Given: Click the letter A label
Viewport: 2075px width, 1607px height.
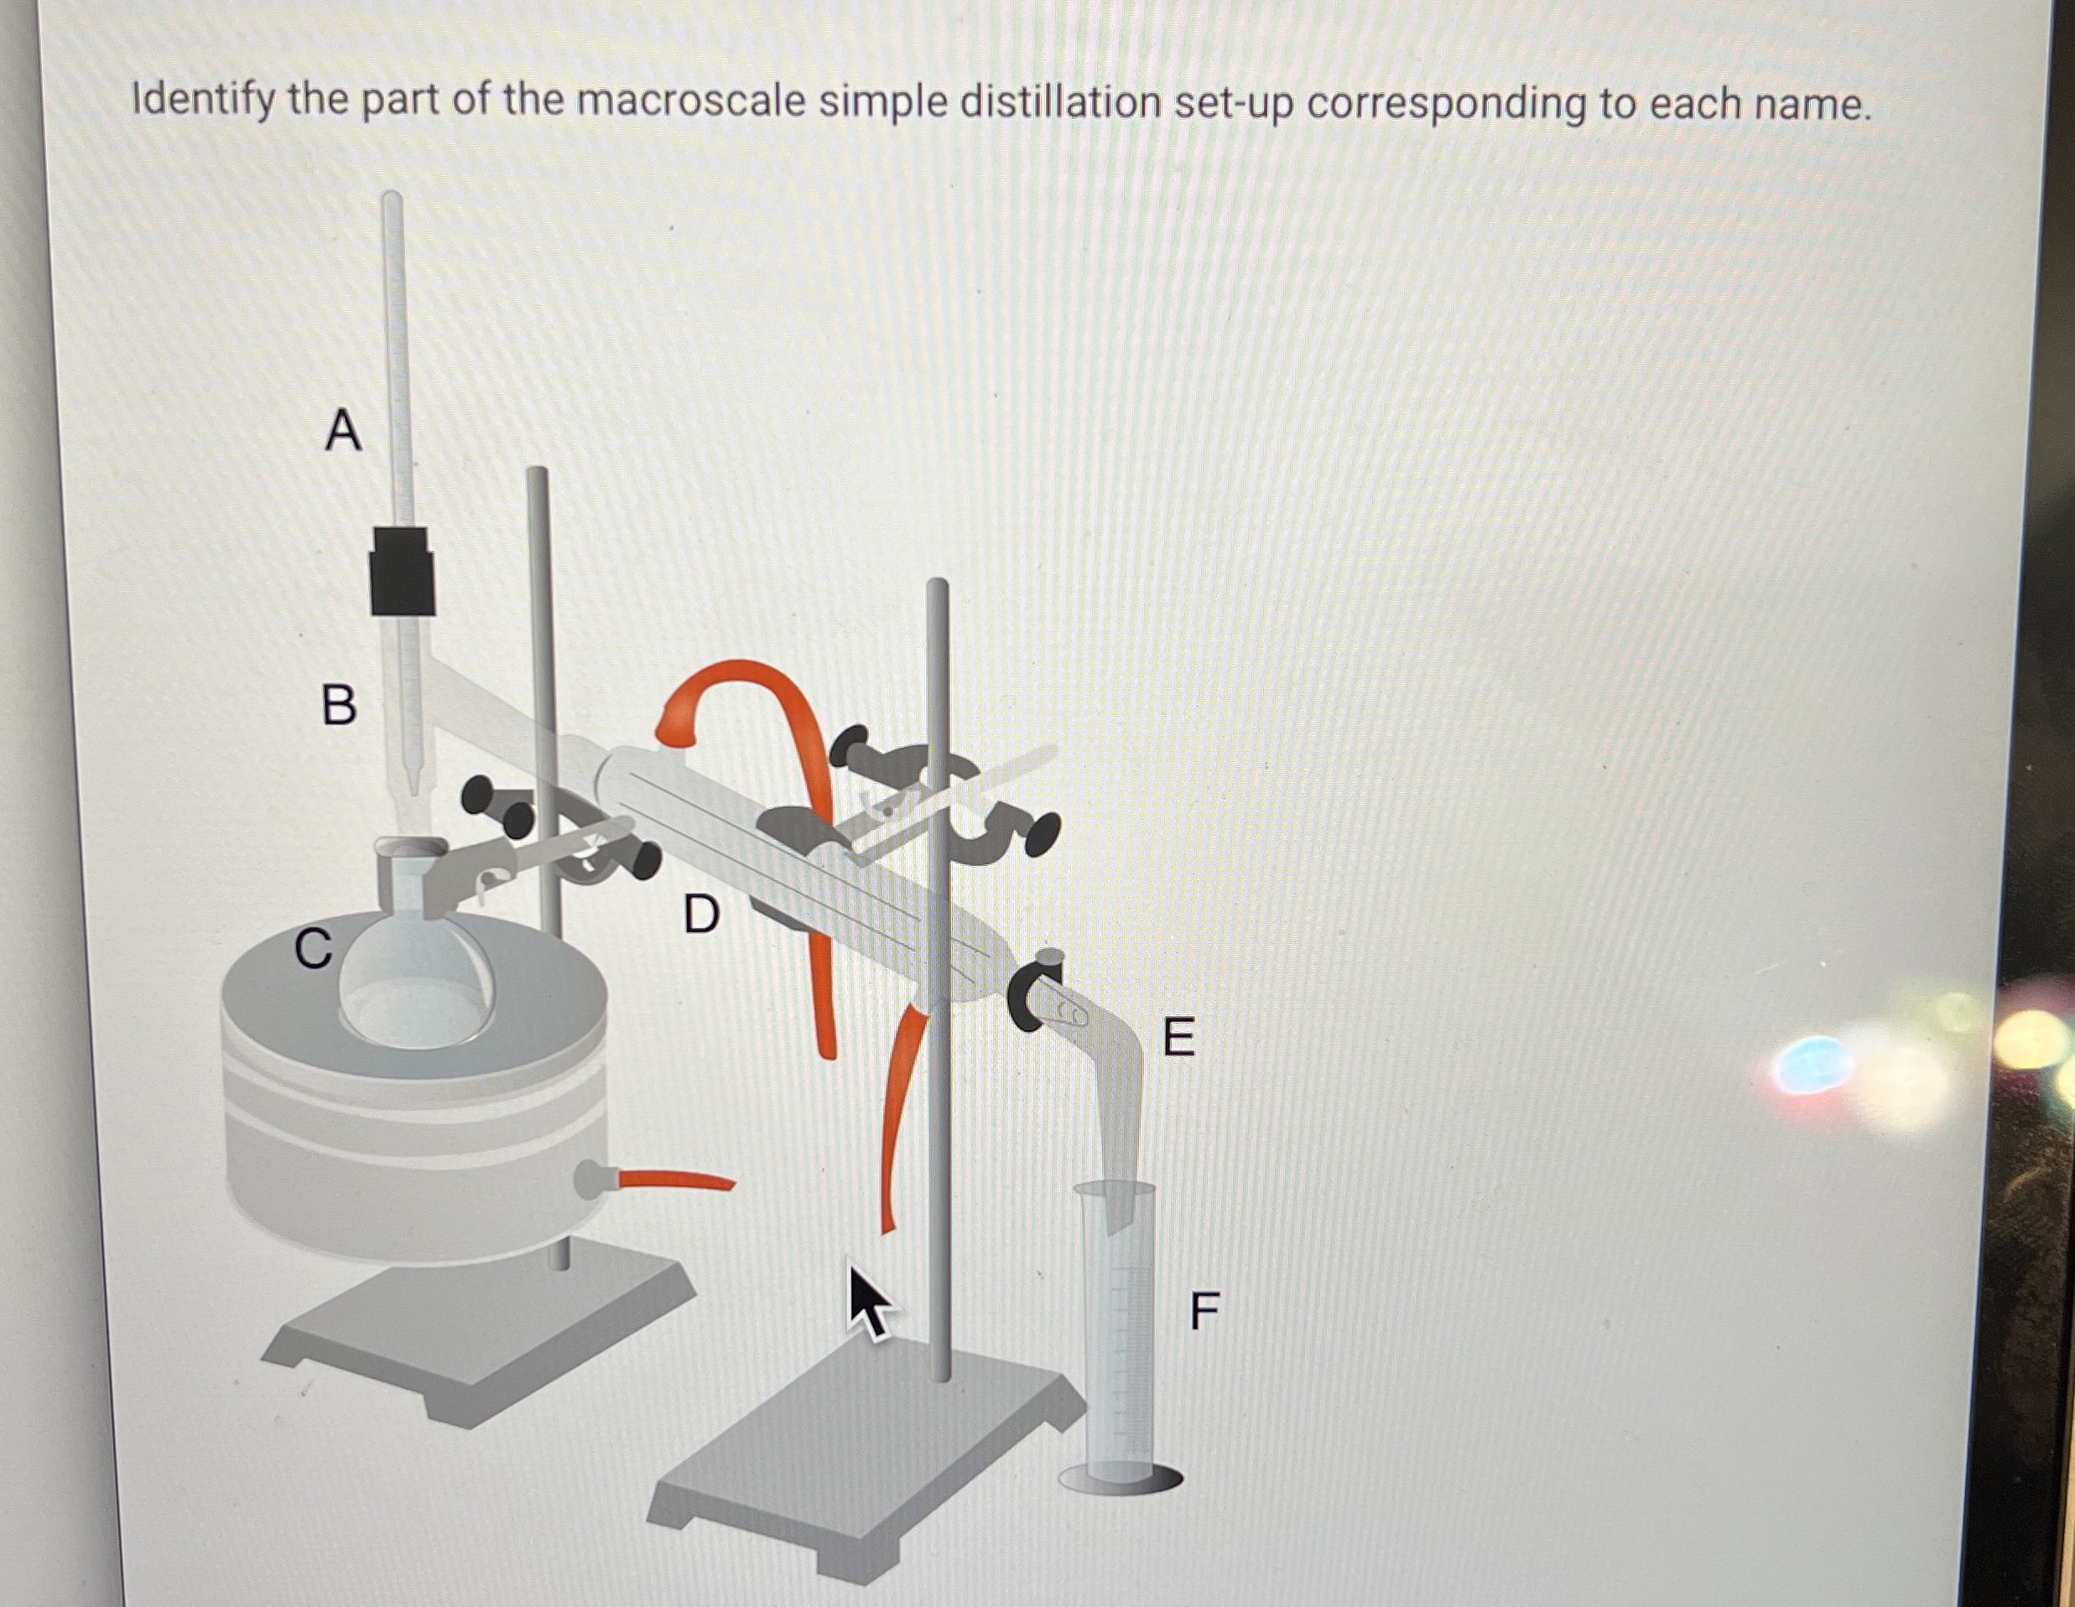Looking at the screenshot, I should coord(343,430).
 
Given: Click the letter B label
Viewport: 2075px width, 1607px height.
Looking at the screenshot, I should coord(339,706).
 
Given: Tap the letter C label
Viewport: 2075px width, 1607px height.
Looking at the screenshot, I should coord(314,949).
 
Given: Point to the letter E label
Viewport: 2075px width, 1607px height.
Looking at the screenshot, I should coord(1179,1037).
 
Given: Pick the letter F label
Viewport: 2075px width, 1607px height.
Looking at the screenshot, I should coord(1204,1312).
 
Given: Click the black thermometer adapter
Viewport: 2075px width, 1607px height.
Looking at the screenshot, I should coord(403,571).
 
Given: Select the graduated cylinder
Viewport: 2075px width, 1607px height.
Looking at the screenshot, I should coord(1118,1349).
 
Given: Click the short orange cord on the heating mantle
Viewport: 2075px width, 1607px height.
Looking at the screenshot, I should coord(674,1181).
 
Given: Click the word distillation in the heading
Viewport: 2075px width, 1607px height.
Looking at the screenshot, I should coord(1059,102).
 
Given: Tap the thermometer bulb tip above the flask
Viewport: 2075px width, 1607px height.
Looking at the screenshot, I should coord(413,779).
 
